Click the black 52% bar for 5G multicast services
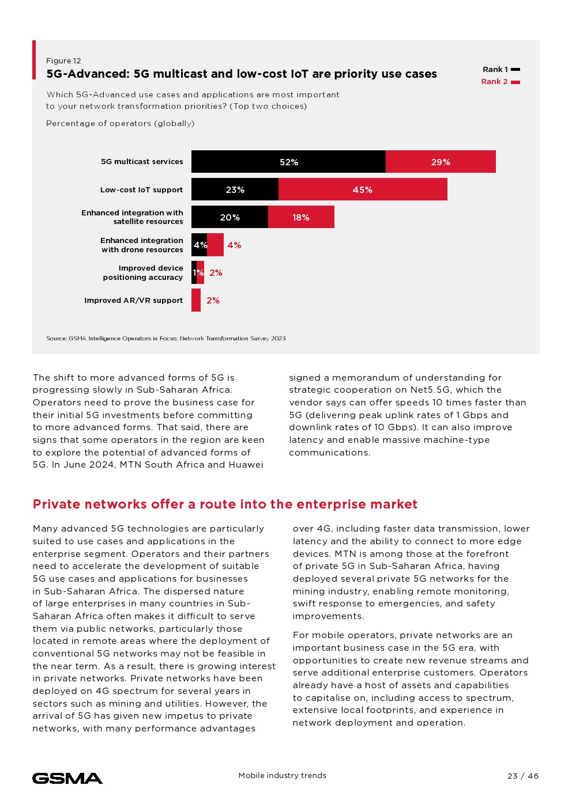(x=288, y=162)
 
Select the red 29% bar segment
(x=441, y=162)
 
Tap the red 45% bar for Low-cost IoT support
(x=363, y=189)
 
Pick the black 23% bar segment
(x=235, y=189)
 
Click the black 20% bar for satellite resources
(x=229, y=217)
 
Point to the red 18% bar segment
(x=301, y=217)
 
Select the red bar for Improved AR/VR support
(x=196, y=300)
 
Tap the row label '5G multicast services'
(x=142, y=162)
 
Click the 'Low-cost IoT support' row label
(x=141, y=189)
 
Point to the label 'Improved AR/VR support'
(x=133, y=300)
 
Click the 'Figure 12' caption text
(x=63, y=61)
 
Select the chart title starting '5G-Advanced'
(x=242, y=74)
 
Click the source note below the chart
(x=166, y=339)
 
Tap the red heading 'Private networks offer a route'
(x=225, y=504)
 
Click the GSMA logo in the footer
(x=67, y=778)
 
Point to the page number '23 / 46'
(x=523, y=776)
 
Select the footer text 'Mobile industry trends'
(x=283, y=776)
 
